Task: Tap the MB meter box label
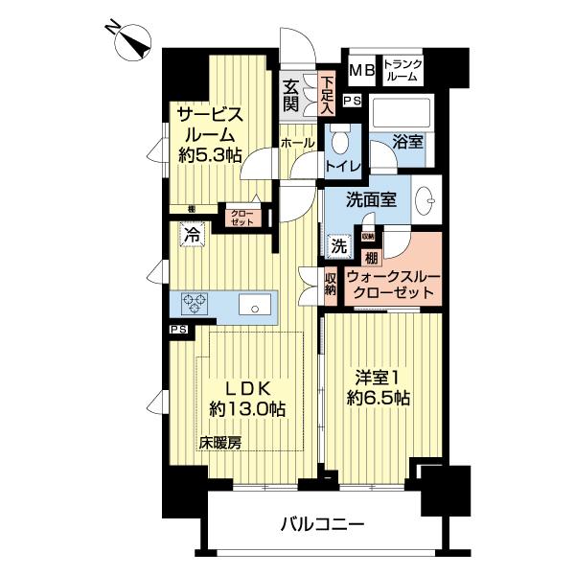(360, 69)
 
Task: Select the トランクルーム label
(402, 70)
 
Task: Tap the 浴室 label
(407, 142)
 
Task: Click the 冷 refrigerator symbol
(194, 233)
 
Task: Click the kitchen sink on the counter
(256, 307)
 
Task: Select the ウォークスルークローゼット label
(393, 284)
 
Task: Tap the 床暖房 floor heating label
(220, 443)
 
